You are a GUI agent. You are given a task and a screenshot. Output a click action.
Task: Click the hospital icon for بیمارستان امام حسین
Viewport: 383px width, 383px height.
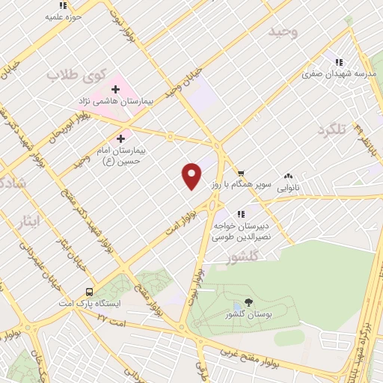pos(121,138)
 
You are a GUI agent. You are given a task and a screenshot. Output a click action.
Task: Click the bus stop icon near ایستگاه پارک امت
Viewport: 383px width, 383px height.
pos(90,292)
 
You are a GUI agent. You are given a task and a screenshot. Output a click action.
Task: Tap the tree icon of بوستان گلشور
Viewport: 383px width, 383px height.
pos(237,306)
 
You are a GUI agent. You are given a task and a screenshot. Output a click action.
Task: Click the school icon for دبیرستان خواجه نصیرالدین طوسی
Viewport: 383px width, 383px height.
pos(240,214)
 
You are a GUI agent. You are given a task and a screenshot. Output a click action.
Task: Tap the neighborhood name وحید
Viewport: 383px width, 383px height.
pos(284,32)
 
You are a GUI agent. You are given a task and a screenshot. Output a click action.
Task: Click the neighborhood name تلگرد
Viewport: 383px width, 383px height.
pos(333,130)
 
